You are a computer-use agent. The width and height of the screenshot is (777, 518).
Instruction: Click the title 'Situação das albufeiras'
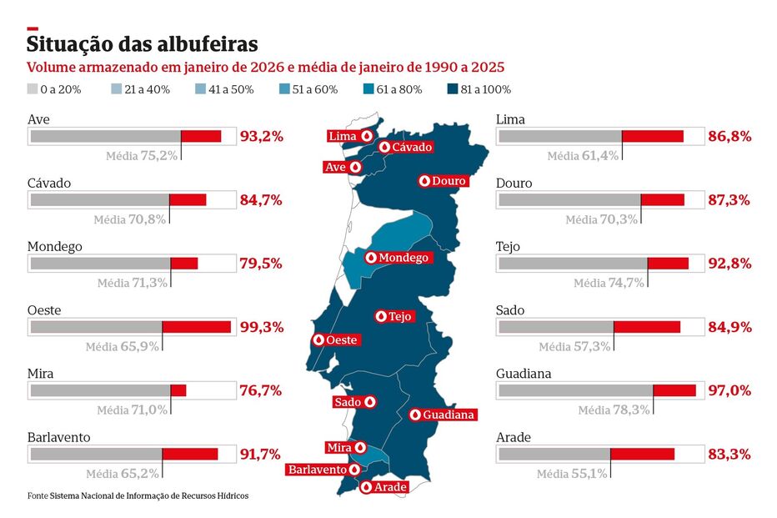(143, 43)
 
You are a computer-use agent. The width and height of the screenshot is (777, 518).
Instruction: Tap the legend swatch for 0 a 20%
(33, 89)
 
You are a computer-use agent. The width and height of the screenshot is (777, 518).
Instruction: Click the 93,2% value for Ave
(261, 136)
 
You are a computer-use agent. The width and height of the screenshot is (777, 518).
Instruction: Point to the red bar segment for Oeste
(196, 327)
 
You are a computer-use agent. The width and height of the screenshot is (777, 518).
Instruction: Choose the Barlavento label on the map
(317, 470)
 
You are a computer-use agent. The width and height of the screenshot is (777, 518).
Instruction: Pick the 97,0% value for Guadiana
(729, 390)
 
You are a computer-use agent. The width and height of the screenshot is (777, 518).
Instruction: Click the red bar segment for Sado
(647, 327)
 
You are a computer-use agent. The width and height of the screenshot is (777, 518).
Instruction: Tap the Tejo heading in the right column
(508, 247)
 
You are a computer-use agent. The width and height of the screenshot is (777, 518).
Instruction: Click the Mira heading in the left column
(41, 375)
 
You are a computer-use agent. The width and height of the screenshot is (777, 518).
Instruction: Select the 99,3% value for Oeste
(261, 327)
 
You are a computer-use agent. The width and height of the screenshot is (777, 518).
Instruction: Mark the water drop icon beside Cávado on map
(384, 147)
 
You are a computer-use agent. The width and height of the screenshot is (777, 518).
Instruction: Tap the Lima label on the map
(343, 136)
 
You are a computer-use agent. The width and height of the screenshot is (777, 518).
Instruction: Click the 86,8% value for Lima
(729, 136)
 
